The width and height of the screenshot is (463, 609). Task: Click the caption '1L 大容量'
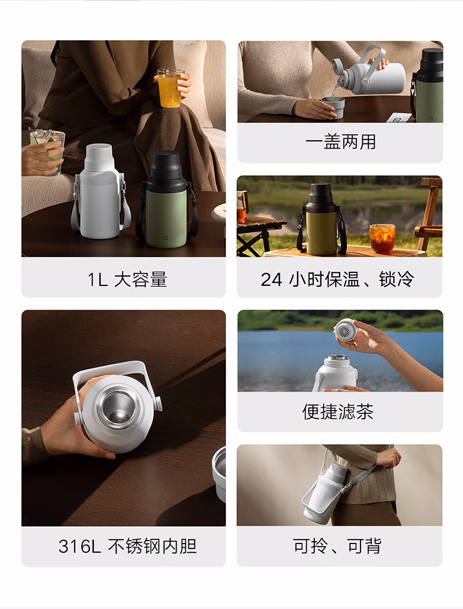pos(127,279)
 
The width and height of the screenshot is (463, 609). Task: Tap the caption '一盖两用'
pos(340,142)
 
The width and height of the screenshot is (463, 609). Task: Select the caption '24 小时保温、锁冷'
pos(337,279)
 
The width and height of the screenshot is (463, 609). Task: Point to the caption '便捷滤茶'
pos(338,412)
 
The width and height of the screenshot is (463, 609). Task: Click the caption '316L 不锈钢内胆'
pos(127,546)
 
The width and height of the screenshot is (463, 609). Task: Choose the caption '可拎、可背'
pos(337,546)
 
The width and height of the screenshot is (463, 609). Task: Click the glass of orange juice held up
pos(170,88)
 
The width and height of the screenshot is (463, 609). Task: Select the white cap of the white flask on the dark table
pos(99,157)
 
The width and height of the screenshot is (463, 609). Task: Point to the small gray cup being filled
pos(333,107)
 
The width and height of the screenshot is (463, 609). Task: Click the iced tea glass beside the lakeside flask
pos(382,238)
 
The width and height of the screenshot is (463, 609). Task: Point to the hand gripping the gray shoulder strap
pos(388,458)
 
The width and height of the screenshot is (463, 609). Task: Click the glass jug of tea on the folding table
pos(242,207)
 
